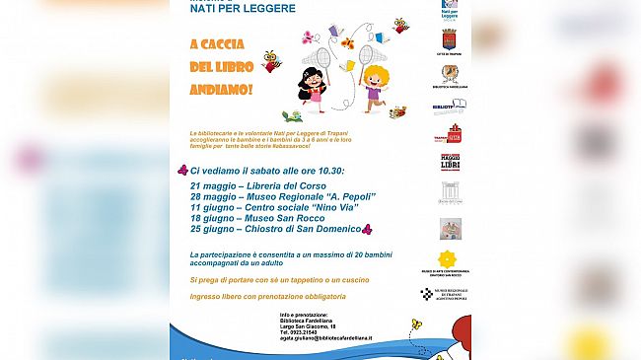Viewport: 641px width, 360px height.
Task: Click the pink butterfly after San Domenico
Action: click(x=367, y=228)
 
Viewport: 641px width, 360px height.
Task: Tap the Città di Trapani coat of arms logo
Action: click(x=449, y=39)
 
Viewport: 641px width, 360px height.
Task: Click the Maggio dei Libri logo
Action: click(x=450, y=160)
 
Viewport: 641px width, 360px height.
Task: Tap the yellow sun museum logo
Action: click(x=450, y=258)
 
